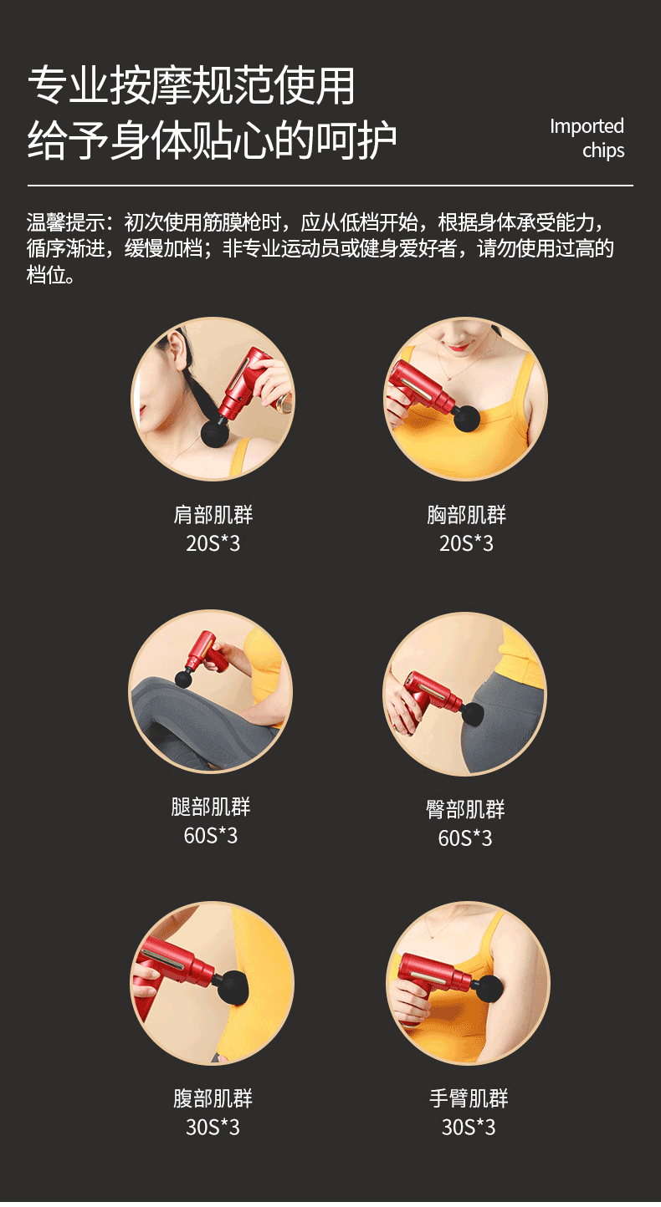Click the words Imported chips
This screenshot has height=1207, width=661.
[587, 139]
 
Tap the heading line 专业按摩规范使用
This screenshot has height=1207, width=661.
[191, 85]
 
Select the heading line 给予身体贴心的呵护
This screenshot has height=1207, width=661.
[212, 140]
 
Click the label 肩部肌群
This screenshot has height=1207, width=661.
[213, 515]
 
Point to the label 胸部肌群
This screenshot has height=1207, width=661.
[466, 515]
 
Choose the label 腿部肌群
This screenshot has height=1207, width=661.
[211, 807]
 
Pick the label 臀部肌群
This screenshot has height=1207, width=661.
[465, 809]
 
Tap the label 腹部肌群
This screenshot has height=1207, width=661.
[213, 1098]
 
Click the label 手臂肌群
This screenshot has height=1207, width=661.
[469, 1098]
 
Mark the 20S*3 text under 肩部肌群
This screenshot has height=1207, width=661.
[213, 543]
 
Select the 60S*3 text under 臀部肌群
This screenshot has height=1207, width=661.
[465, 838]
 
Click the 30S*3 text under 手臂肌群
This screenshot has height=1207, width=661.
[469, 1127]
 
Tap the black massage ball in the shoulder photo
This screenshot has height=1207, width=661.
[216, 431]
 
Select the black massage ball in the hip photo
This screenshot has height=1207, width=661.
[474, 714]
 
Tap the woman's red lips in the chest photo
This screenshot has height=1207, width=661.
[459, 347]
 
